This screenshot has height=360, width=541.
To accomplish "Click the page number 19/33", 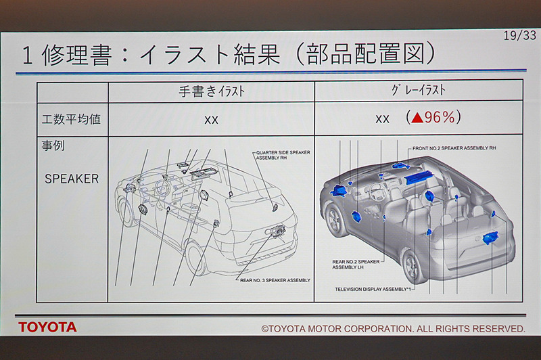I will pyautogui.click(x=517, y=36).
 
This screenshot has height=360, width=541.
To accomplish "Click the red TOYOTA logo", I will pyautogui.click(x=47, y=327).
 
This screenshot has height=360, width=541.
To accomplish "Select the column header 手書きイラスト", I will pyautogui.click(x=211, y=90).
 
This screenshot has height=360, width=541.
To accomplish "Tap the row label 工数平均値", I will pyautogui.click(x=72, y=118).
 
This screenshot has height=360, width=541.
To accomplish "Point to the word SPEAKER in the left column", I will pyautogui.click(x=72, y=179).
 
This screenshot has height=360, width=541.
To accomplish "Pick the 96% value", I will pyautogui.click(x=443, y=118).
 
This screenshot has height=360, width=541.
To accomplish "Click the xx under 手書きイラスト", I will pyautogui.click(x=211, y=119).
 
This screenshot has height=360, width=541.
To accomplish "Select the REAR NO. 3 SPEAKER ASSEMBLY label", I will pyautogui.click(x=275, y=279).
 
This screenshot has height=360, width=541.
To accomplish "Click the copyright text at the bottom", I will pyautogui.click(x=393, y=328).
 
